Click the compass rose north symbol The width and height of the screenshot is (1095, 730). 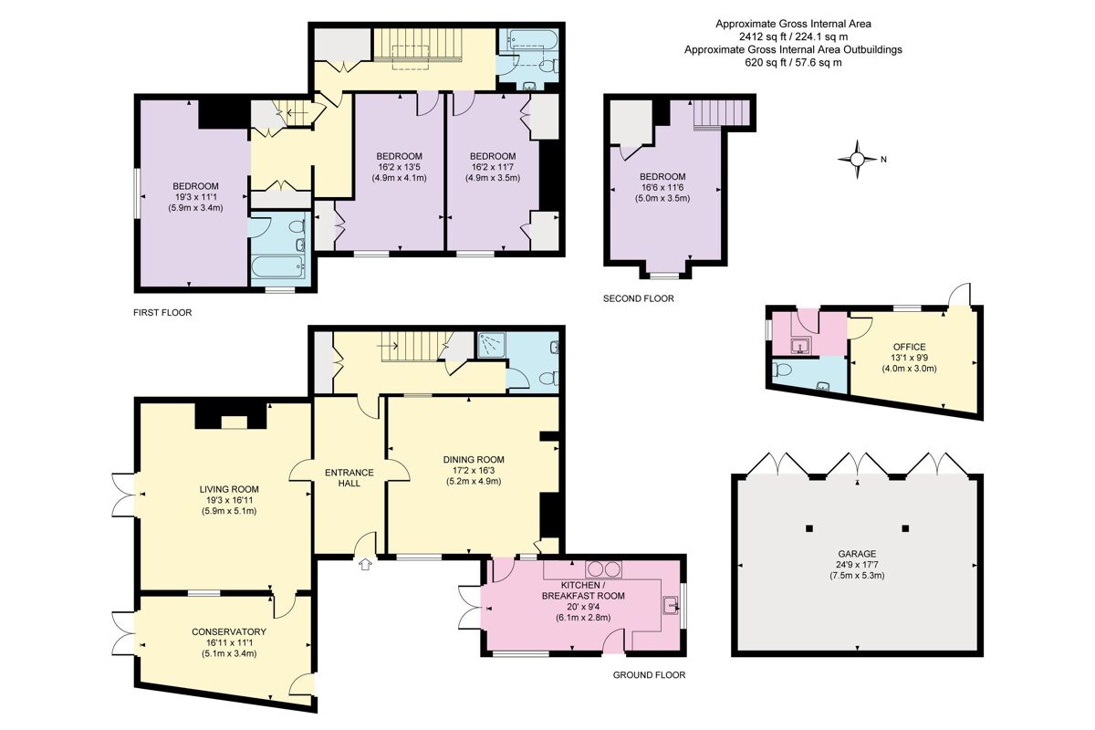pos(857,159)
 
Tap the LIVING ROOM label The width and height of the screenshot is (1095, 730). pos(229,489)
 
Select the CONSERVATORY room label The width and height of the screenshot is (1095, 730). pos(229,631)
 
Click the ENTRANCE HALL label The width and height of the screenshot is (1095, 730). pos(349,477)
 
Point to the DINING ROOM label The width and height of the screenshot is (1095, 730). pos(474,459)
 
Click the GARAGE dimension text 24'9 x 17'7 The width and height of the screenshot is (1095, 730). pos(858,565)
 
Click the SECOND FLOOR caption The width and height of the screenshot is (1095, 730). pos(639,298)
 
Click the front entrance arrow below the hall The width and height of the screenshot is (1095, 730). pos(366,565)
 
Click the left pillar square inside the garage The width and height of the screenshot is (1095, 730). pos(808,528)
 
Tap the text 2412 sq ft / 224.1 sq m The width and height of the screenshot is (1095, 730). pos(793,36)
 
